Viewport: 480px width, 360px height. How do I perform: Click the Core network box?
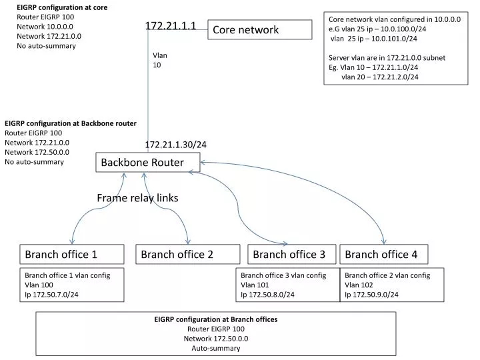pyautogui.click(x=259, y=29)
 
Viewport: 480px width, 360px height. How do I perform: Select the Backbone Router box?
pyautogui.click(x=147, y=162)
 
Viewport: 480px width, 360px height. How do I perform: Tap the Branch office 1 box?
pyautogui.click(x=71, y=254)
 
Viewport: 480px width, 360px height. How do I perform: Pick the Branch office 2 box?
pyautogui.click(x=188, y=254)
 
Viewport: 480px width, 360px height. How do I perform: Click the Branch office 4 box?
pyautogui.click(x=383, y=254)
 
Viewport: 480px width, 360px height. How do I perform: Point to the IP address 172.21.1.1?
pyautogui.click(x=171, y=25)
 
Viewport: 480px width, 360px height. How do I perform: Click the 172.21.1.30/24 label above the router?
pyautogui.click(x=176, y=145)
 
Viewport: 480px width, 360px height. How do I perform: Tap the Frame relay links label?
pyautogui.click(x=137, y=198)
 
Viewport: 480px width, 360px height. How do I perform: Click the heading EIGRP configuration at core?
pyautogui.click(x=61, y=7)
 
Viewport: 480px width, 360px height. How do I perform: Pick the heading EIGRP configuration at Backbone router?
pyautogui.click(x=71, y=123)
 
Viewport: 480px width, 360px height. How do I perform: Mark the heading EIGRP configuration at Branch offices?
pyautogui.click(x=216, y=319)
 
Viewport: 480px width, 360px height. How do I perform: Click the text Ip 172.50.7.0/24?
pyautogui.click(x=51, y=294)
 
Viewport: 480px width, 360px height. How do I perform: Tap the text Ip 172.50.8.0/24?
pyautogui.click(x=267, y=294)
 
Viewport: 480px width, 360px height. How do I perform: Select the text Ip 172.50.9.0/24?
pyautogui.click(x=371, y=294)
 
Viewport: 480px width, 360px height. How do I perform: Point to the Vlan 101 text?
pyautogui.click(x=255, y=285)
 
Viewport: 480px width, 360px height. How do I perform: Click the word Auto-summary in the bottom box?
pyautogui.click(x=216, y=348)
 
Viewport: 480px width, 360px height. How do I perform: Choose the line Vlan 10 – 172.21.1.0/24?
pyautogui.click(x=373, y=67)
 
